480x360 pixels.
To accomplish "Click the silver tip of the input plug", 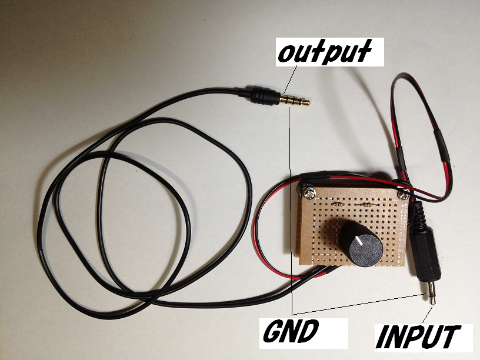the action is click(x=431, y=293).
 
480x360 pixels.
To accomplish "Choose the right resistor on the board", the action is click(x=366, y=205).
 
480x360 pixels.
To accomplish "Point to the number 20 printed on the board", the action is click(x=403, y=228).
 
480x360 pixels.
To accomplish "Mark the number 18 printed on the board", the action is click(x=402, y=239).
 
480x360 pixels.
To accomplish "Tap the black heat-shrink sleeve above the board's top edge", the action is click(x=316, y=175).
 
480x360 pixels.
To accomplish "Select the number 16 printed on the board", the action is click(x=402, y=249).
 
